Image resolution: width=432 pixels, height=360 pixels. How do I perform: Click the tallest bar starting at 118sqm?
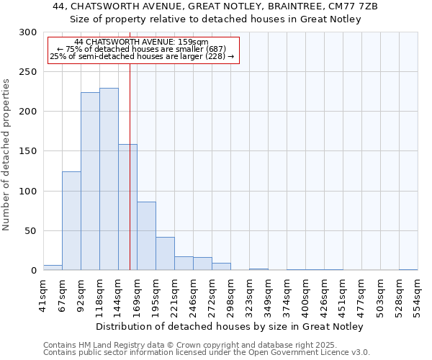(x=109, y=179)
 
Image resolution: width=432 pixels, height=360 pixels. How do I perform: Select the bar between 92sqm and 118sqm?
(x=90, y=181)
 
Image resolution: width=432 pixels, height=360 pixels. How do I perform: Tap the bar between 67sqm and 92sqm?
(x=71, y=221)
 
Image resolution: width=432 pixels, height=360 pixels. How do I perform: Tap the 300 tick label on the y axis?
(x=28, y=32)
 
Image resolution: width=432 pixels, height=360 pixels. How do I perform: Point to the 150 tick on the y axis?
(x=28, y=151)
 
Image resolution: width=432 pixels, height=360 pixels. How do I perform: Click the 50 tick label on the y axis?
(x=31, y=231)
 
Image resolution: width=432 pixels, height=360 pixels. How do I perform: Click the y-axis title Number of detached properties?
(x=7, y=151)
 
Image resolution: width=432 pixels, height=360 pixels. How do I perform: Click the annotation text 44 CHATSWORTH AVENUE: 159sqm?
(x=141, y=42)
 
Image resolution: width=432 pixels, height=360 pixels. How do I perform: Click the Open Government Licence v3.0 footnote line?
(x=207, y=352)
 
